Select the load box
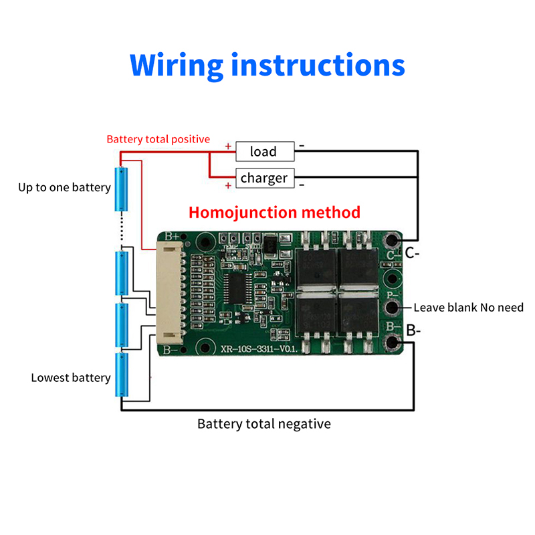coord(264,152)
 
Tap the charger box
coord(264,178)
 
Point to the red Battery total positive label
coord(158,140)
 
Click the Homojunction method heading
coord(274,213)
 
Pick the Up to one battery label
coord(64,187)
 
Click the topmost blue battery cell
coord(122,189)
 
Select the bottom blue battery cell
coord(122,375)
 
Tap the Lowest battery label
coord(71,378)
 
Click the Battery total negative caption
coord(263,424)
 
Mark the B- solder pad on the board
coord(392,344)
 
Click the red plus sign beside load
coord(228,146)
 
